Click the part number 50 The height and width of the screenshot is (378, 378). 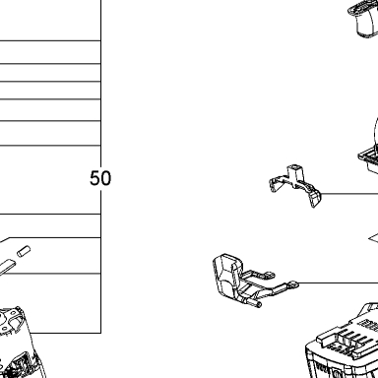(x=100, y=178)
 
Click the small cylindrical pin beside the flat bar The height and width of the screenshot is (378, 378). (x=24, y=251)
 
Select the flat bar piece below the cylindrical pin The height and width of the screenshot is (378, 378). (x=7, y=267)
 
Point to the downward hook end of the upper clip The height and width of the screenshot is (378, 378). (x=315, y=200)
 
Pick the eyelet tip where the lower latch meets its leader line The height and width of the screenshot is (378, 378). (x=293, y=284)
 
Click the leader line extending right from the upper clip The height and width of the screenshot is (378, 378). (x=349, y=194)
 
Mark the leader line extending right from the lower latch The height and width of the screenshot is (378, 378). (x=338, y=283)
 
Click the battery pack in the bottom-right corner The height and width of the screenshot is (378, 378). (x=342, y=342)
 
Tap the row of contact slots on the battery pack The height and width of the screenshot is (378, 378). (x=348, y=339)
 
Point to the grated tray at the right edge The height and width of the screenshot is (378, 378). (x=368, y=159)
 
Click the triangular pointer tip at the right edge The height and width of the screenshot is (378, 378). (x=369, y=239)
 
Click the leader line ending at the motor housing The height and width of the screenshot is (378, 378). (x=65, y=333)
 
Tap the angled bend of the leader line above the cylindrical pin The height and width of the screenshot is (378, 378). (x=10, y=237)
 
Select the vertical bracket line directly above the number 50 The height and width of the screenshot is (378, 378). (x=100, y=84)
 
